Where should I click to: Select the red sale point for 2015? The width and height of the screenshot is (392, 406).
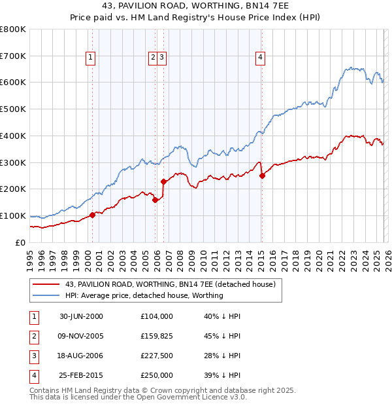pyautogui.click(x=262, y=175)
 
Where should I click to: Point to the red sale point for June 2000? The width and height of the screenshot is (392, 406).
pyautogui.click(x=92, y=214)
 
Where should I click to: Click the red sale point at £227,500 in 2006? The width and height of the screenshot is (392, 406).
pyautogui.click(x=163, y=181)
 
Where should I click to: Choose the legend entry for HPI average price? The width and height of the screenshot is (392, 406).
pyautogui.click(x=144, y=295)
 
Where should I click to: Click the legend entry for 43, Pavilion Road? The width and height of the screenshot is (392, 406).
pyautogui.click(x=170, y=284)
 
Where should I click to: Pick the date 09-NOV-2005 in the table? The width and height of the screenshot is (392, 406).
pyautogui.click(x=80, y=337)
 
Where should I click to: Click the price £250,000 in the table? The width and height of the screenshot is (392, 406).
pyautogui.click(x=157, y=375)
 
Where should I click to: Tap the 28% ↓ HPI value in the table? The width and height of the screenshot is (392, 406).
pyautogui.click(x=222, y=356)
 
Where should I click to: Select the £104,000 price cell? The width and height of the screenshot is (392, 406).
pyautogui.click(x=157, y=316)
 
